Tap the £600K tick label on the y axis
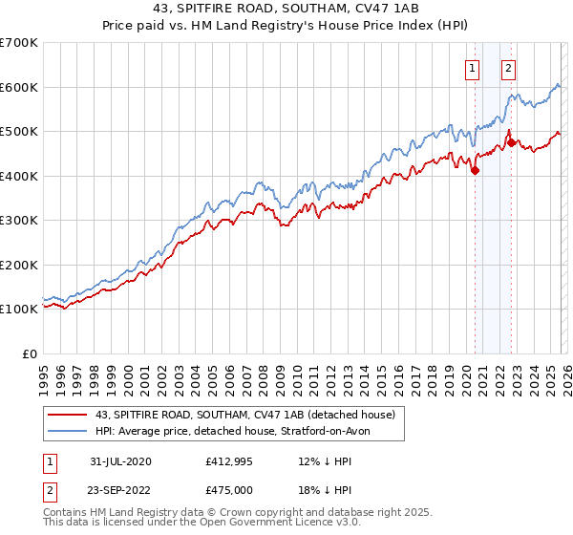(19, 87)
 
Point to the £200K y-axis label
(19, 265)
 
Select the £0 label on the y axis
(31, 353)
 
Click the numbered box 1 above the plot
(473, 68)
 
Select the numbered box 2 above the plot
(508, 68)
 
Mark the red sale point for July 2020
(475, 171)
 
